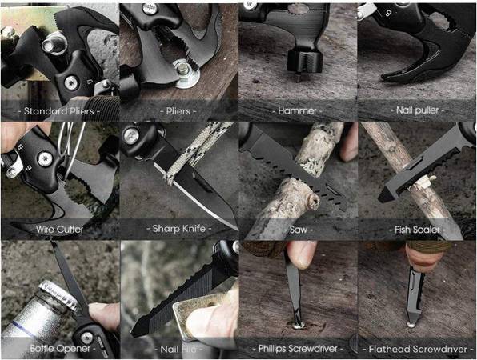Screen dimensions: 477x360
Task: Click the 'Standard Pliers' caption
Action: point(58,111)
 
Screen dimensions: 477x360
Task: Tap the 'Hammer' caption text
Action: point(297,110)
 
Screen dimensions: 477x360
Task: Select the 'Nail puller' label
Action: point(417,110)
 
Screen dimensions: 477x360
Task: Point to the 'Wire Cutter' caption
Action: point(59,230)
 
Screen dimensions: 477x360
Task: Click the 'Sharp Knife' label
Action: point(179,228)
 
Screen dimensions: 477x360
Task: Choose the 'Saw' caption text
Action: point(298,230)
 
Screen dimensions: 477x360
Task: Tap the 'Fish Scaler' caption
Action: point(417,230)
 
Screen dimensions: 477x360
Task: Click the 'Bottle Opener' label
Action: point(60,349)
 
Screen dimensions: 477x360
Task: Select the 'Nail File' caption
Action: point(178,349)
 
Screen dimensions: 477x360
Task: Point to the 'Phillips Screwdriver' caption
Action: point(298,349)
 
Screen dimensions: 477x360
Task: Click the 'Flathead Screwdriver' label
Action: point(418,349)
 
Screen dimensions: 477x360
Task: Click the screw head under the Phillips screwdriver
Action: point(298,326)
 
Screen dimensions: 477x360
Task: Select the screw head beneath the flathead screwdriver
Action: point(411,325)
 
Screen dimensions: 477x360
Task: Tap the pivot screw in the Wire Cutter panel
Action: point(45,159)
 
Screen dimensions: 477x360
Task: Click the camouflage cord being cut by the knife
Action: point(194,152)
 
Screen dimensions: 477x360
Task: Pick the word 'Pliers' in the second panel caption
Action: point(178,111)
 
